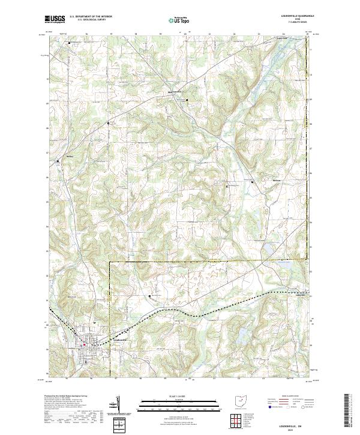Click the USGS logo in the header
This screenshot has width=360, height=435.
[55, 20]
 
